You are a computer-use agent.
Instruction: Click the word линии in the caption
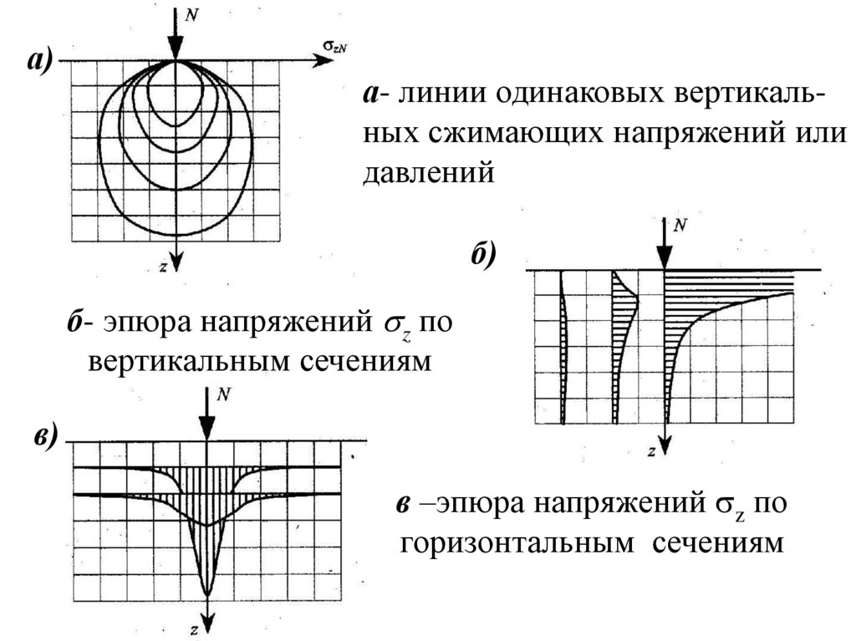pos(437,94)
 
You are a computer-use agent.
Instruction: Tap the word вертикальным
pos(189,364)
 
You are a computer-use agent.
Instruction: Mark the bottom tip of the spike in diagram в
pos(207,594)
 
